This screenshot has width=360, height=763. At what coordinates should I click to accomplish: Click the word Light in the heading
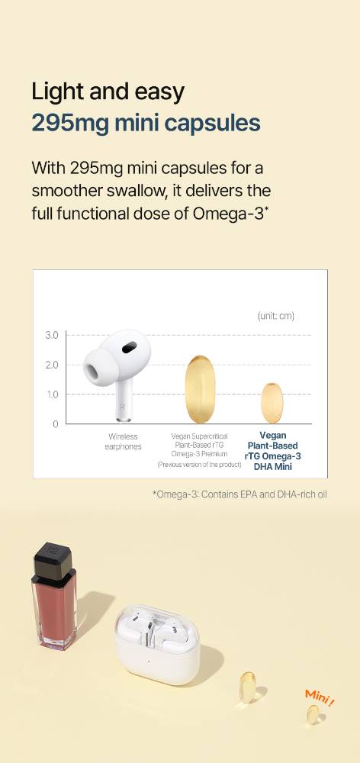tap(54, 92)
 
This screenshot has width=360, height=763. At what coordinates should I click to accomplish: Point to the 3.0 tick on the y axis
tap(52, 335)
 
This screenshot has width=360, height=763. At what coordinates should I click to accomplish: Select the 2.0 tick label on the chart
tap(52, 365)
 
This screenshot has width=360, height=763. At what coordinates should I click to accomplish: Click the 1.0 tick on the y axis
tap(53, 394)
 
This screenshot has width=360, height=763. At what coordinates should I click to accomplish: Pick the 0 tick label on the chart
tap(56, 424)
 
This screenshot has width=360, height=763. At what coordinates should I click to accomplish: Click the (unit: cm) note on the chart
tap(276, 317)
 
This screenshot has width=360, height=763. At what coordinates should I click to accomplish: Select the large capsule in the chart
tap(200, 389)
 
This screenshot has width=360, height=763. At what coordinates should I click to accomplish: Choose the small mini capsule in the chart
tap(272, 403)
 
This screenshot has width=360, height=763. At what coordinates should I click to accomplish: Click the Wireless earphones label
tap(123, 442)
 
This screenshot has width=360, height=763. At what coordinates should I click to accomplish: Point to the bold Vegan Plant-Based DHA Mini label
tap(272, 451)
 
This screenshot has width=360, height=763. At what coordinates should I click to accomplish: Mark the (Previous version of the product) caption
tap(199, 465)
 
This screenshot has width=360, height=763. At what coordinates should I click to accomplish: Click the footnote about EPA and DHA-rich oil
tap(239, 494)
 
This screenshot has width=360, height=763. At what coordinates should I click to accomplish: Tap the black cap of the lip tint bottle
tap(53, 562)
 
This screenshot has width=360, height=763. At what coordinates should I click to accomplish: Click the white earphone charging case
tap(158, 644)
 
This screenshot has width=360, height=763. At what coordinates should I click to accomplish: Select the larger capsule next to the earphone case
tap(248, 687)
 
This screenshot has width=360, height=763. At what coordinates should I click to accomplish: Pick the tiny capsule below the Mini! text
tap(313, 714)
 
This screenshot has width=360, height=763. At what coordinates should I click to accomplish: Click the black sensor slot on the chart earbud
tap(130, 347)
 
